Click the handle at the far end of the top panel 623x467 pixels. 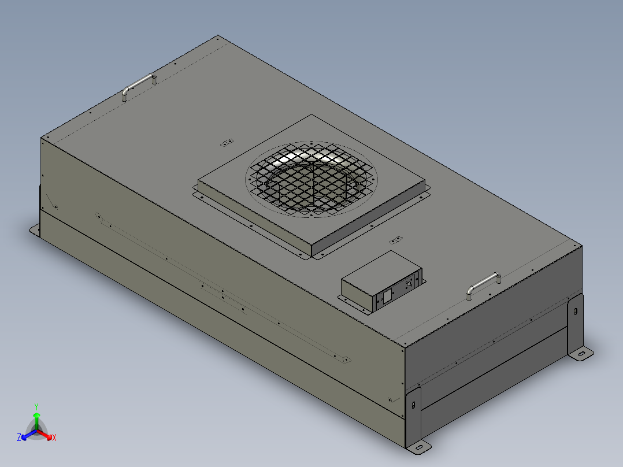(139, 84)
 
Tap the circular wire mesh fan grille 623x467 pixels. (311, 179)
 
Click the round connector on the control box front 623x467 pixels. (410, 284)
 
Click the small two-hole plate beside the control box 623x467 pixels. (396, 239)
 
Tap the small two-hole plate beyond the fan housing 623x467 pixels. (227, 142)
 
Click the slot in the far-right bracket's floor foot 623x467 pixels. (582, 353)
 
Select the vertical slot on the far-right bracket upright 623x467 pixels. (575, 311)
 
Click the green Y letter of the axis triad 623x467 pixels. (36, 406)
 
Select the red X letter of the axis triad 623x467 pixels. (54, 438)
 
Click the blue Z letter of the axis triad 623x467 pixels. (18, 438)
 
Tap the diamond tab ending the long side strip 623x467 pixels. (345, 359)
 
